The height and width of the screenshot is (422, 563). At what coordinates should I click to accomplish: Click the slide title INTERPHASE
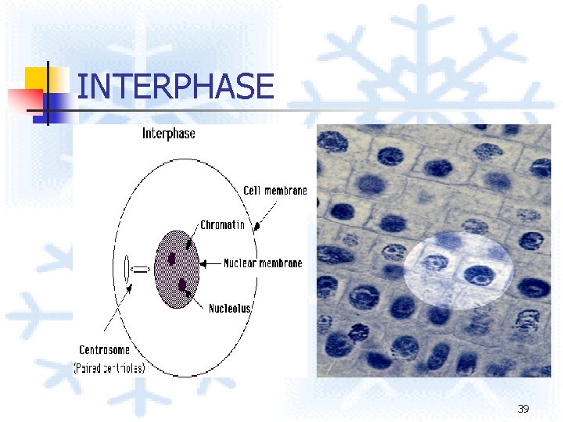(x=176, y=87)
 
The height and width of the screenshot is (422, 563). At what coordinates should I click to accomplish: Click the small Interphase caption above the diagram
(x=168, y=134)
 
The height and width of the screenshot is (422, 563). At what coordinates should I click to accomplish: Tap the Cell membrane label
(x=275, y=191)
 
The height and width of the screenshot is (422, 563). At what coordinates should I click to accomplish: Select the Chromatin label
(x=222, y=225)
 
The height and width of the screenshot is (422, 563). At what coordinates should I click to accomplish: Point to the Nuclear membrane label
(x=263, y=263)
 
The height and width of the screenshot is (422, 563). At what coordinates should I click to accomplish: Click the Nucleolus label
(x=229, y=308)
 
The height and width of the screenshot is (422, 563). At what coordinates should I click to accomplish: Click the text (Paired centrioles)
(x=109, y=367)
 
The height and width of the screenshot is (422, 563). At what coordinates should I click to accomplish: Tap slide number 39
(x=523, y=409)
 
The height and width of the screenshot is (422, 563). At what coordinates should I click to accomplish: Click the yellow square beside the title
(x=37, y=78)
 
